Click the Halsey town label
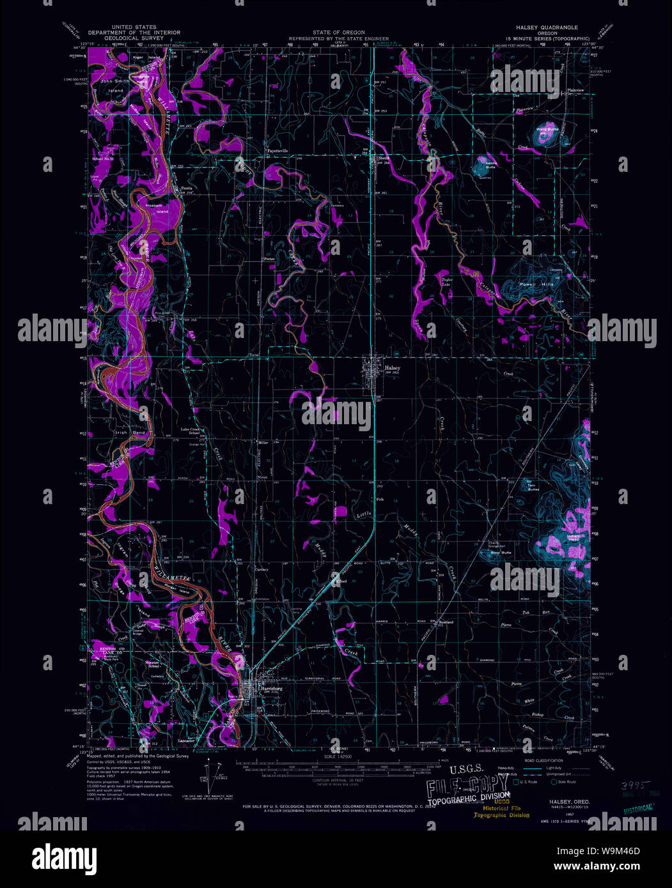pyautogui.click(x=393, y=368)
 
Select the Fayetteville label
pyautogui.click(x=277, y=151)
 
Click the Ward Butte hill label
pyautogui.click(x=547, y=129)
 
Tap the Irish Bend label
pyautogui.click(x=130, y=433)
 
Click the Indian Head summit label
pyautogui.click(x=573, y=536)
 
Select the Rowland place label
pyautogui.click(x=446, y=622)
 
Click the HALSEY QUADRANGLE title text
pyautogui.click(x=547, y=28)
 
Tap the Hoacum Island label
pyautogui.click(x=154, y=208)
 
